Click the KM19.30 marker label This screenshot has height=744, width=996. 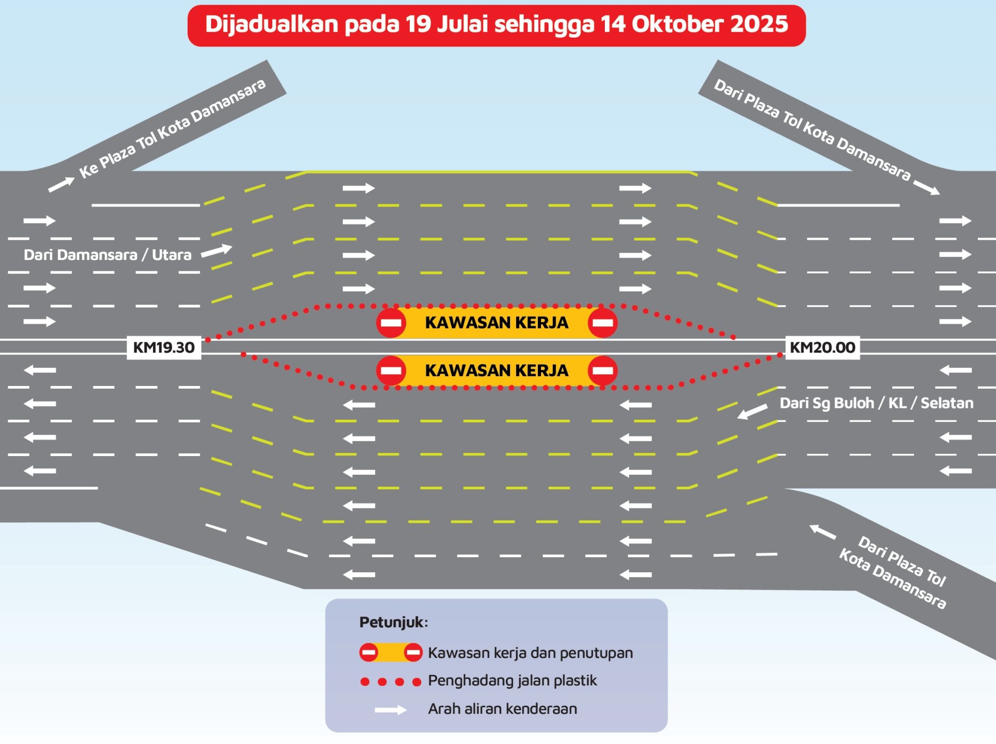tap(164, 348)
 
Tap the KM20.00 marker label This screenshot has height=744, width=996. tap(822, 348)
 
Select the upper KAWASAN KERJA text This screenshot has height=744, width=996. tap(496, 323)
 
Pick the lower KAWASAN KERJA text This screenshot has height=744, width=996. tap(496, 370)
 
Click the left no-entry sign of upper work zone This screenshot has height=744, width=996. tap(391, 323)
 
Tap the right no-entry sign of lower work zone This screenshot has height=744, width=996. tap(602, 370)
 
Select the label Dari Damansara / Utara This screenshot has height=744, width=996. tap(107, 255)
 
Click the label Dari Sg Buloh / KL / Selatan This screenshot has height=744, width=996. tap(876, 403)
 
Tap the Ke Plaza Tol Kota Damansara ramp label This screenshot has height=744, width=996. tap(172, 128)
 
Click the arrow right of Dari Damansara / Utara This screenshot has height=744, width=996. tap(216, 251)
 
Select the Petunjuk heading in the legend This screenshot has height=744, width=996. tap(394, 622)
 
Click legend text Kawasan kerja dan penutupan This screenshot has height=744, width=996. tap(530, 653)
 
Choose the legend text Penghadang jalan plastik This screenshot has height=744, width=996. tap(513, 681)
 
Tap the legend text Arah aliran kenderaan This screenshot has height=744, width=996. tap(502, 709)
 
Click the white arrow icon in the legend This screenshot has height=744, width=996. tap(391, 710)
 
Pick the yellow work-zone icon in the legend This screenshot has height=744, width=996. tap(391, 652)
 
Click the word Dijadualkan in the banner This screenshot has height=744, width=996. tap(271, 24)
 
